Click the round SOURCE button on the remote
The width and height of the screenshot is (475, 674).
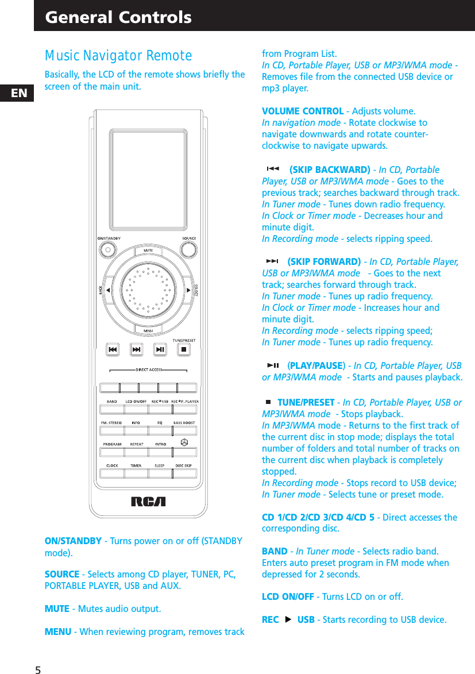189,249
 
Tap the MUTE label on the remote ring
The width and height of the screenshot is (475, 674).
148,251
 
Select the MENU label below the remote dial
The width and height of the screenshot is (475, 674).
148,330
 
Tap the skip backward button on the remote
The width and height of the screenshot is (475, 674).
113,349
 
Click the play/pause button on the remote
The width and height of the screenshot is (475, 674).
160,349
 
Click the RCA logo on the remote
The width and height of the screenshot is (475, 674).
148,501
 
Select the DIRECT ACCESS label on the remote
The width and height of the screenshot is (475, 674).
149,369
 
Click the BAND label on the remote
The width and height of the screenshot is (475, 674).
112,401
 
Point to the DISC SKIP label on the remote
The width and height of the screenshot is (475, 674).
184,465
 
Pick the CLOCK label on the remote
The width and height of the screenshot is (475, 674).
112,465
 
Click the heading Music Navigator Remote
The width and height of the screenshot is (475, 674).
118,56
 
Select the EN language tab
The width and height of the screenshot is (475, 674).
19,93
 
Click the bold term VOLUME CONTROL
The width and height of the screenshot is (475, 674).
303,111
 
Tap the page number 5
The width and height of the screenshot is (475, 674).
38,670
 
